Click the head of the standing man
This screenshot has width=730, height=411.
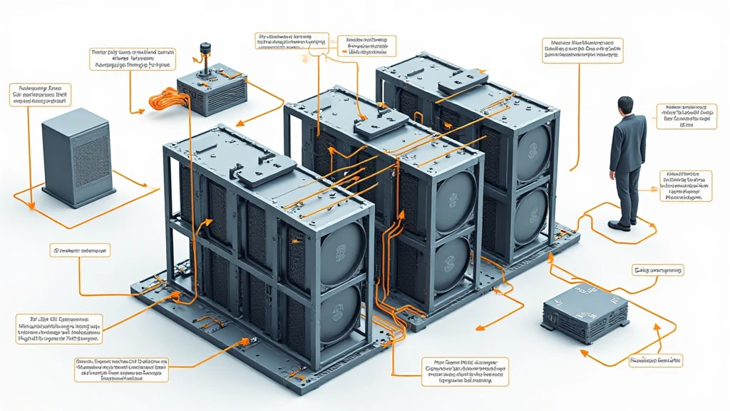coord(625,106)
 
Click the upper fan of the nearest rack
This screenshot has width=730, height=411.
coord(341,250)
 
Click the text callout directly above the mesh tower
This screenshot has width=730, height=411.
coord(40,95)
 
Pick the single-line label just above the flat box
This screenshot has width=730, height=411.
coord(657,270)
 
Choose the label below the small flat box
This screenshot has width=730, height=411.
coord(655,361)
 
